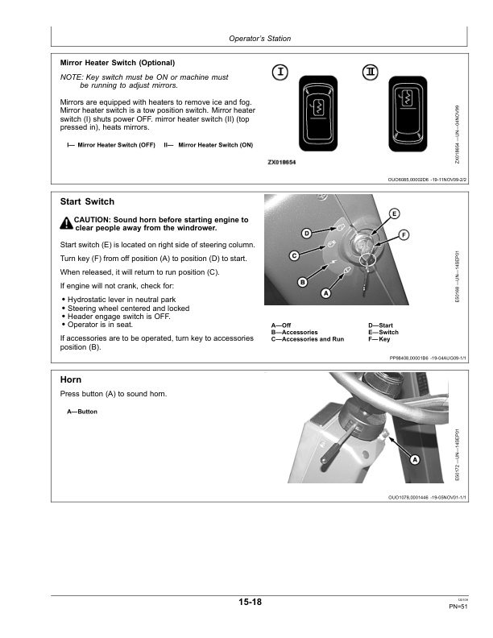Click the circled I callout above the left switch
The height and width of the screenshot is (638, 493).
coord(280,72)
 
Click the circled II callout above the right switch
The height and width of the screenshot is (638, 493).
coord(370,72)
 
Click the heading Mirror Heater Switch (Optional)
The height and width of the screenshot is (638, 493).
coord(118,62)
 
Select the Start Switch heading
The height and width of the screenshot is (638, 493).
coord(87,201)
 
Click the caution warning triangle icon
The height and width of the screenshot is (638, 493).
coord(66,223)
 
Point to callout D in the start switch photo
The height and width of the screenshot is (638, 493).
coord(307,234)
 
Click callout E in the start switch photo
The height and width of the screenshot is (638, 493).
coord(393,213)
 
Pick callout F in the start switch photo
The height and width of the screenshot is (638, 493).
coord(404,234)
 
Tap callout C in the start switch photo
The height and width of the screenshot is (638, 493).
coord(295,255)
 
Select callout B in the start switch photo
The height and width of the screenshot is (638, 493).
coord(303,282)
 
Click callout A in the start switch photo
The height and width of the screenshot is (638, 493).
coord(326,293)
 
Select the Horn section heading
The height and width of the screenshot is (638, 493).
coord(72,379)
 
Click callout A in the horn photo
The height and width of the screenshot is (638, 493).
coord(415,459)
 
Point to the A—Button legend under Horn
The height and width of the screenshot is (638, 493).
coord(82,412)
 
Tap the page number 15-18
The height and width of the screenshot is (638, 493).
coord(250,603)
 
